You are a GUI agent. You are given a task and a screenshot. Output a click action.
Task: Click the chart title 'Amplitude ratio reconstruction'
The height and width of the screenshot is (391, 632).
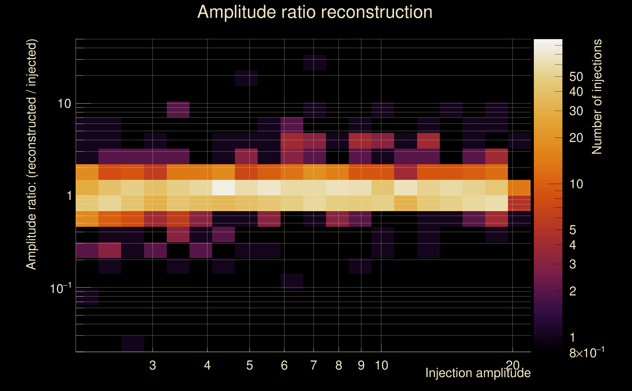point(315,12)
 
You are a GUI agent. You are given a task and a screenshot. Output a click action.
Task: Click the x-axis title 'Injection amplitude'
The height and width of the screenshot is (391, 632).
point(478,373)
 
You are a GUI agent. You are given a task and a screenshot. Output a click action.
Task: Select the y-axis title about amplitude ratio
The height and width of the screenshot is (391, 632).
point(32,154)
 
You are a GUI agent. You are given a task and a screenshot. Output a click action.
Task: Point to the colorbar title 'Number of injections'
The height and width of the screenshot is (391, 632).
point(597,97)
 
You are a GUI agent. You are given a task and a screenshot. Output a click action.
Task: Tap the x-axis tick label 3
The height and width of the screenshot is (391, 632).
point(152,365)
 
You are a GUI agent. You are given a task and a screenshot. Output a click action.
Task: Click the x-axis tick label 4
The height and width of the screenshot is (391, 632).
point(207,365)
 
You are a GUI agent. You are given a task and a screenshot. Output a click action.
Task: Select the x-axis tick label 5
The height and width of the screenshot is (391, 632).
point(249,365)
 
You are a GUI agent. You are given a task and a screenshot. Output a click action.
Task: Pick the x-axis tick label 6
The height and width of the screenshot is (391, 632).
point(284,365)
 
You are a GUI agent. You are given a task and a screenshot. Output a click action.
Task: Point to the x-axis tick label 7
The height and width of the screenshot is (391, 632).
point(313,365)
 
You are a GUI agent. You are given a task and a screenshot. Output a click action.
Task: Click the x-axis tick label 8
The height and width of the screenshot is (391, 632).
point(339,365)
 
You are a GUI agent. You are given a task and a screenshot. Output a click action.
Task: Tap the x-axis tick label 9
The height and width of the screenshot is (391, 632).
point(361,365)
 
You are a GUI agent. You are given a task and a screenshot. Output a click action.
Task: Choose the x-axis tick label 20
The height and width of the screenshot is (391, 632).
point(513,365)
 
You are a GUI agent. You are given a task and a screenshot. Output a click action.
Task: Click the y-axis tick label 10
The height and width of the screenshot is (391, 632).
point(64,104)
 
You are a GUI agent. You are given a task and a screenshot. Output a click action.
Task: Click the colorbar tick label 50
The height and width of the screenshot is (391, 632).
point(576,77)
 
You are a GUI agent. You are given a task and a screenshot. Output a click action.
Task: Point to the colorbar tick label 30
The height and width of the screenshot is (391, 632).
point(576,111)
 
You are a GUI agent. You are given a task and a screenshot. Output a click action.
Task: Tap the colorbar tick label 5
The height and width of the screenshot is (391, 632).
point(573,230)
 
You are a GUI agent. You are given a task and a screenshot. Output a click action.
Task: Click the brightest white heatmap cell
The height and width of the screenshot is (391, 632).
point(223,188)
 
